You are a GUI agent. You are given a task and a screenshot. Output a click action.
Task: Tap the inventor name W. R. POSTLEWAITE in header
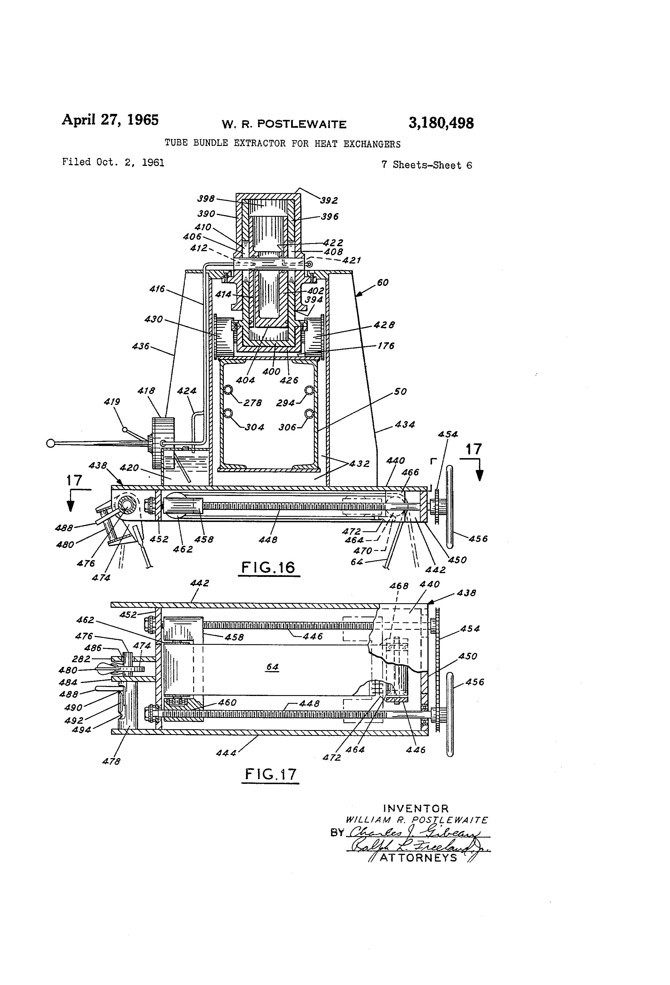coord(284,124)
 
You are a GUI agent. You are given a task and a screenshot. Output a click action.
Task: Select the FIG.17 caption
coord(270,774)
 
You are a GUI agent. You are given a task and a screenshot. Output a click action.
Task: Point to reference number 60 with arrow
coord(382,282)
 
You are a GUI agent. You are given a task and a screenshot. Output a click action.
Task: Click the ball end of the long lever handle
coord(51,443)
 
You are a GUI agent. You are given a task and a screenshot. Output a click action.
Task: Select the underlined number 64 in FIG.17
coord(272,667)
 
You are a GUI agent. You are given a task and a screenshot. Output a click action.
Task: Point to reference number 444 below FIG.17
coord(226,753)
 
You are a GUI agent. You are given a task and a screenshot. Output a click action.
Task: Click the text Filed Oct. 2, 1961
coord(113,162)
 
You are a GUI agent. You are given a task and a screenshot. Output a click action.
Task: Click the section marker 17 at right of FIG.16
coord(474,449)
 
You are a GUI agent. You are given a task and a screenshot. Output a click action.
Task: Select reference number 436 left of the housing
coord(141,346)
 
